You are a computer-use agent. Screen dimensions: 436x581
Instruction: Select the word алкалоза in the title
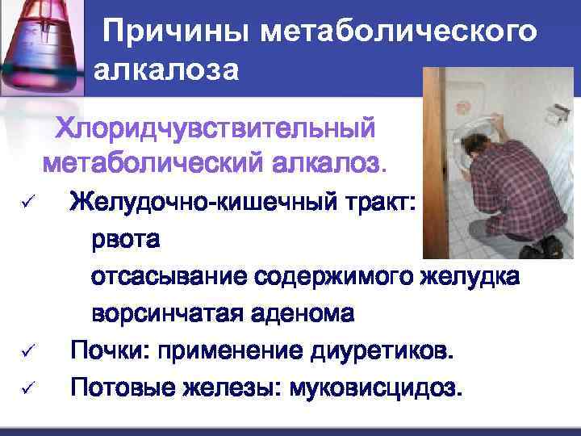coord(166,70)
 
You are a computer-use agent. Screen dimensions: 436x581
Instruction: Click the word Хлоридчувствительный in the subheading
coord(214,129)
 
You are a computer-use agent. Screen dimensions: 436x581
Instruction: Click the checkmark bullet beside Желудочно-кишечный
coord(23,203)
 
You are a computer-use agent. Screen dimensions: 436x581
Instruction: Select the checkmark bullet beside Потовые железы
coord(23,390)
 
